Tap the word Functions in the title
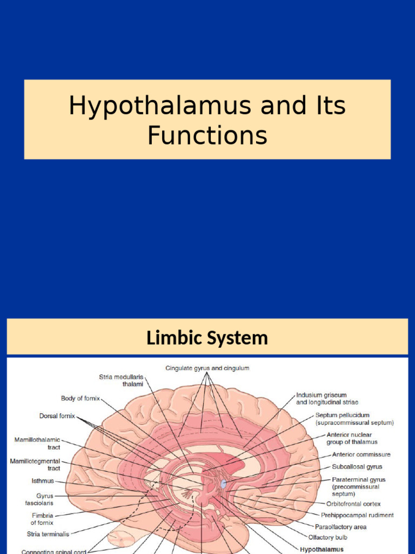[207, 135]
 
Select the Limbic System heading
[207, 338]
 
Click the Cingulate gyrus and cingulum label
[207, 368]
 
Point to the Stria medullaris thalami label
[121, 380]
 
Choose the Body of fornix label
[80, 398]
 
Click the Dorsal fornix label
[57, 416]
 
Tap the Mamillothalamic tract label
[37, 444]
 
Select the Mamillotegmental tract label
[35, 464]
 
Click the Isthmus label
[43, 480]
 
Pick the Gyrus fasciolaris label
[45, 499]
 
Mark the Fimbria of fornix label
[42, 519]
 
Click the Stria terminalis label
[48, 534]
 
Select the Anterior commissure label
[361, 454]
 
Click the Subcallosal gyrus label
[357, 466]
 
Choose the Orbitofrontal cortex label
[353, 504]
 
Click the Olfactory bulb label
[327, 537]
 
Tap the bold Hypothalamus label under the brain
[322, 549]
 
